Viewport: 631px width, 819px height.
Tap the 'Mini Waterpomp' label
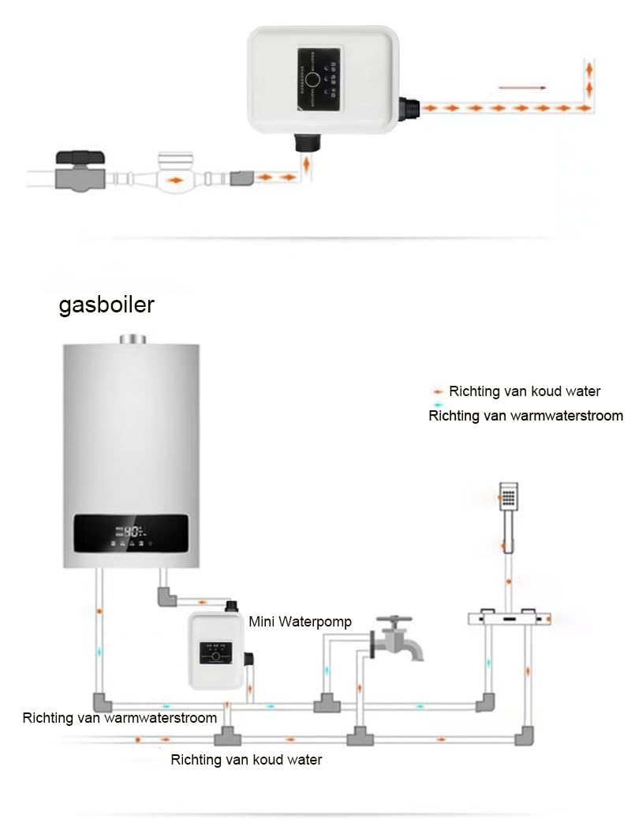click(300, 622)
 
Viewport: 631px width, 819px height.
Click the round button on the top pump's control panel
click(312, 79)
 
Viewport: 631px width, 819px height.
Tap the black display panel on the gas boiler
click(131, 534)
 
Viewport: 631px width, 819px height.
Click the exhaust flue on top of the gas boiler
click(133, 339)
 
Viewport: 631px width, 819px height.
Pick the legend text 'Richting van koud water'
click(525, 391)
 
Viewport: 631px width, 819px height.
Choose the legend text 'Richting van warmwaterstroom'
click(525, 415)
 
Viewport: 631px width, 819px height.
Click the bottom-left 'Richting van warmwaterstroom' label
click(119, 718)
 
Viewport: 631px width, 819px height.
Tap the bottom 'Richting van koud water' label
click(246, 760)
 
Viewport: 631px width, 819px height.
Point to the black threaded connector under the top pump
click(304, 144)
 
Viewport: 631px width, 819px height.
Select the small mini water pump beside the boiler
click(215, 652)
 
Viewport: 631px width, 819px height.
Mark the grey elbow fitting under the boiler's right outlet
click(166, 596)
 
